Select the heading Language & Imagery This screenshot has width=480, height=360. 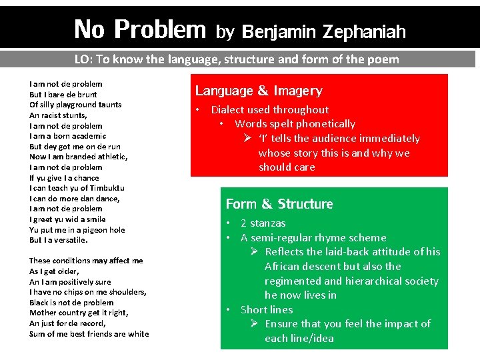pos(259,91)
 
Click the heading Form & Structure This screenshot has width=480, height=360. pos(279,204)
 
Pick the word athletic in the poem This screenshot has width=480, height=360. pos(111,157)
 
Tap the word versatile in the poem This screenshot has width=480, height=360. pos(69,240)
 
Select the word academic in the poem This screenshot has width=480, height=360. pos(85,136)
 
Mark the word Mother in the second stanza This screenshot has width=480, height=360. pos(43,313)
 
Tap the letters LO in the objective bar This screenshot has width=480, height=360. pos(82,59)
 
